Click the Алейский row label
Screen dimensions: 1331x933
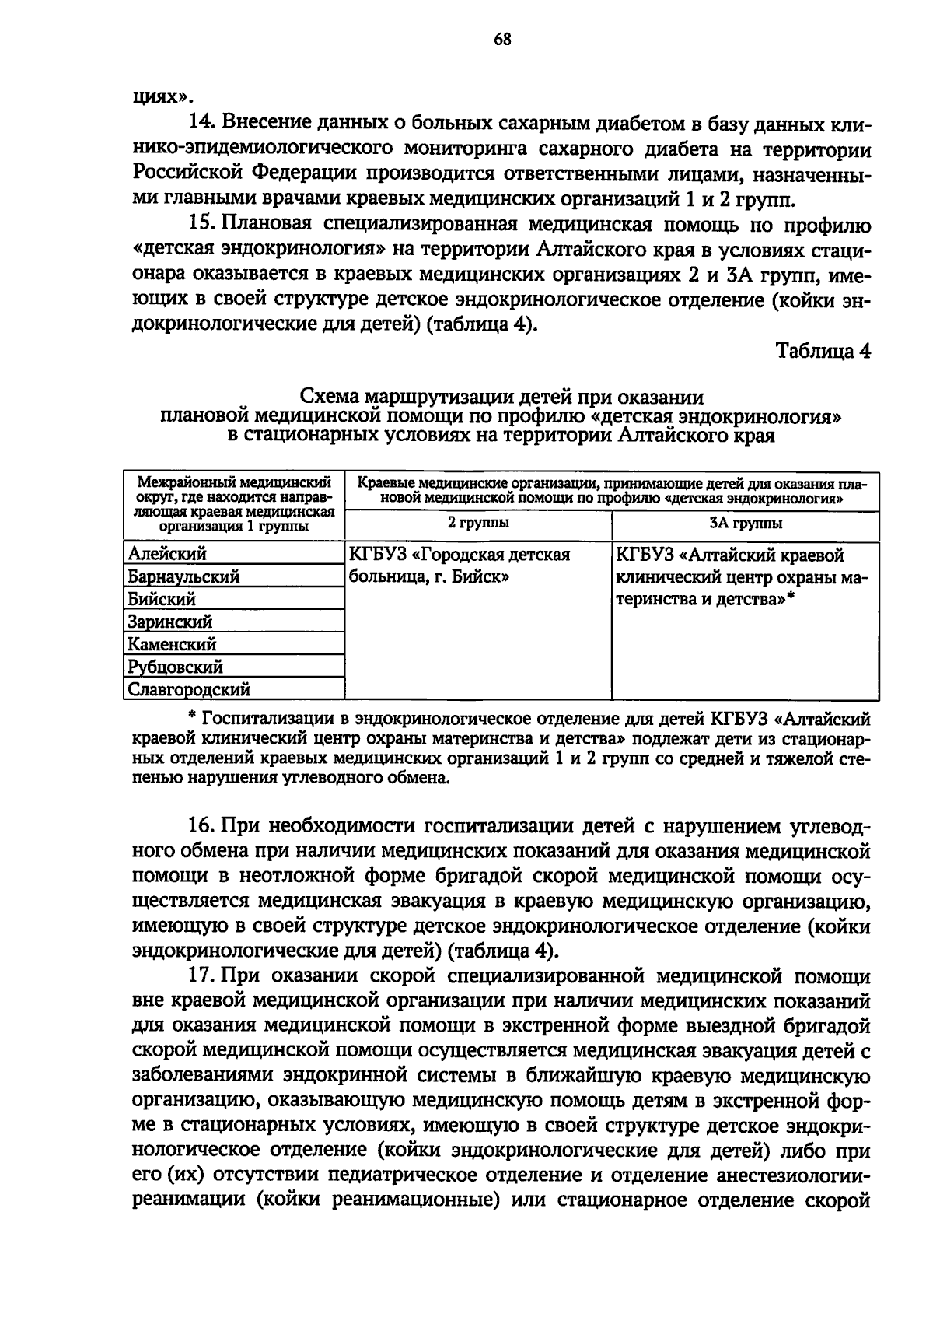pos(167,555)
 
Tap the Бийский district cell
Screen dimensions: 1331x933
pos(162,600)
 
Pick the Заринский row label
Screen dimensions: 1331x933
pos(169,622)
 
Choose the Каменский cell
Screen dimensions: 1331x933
pos(172,645)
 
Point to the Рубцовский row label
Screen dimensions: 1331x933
pos(175,667)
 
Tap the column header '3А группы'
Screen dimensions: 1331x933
pos(746,523)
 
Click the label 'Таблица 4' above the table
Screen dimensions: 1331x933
pos(823,351)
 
